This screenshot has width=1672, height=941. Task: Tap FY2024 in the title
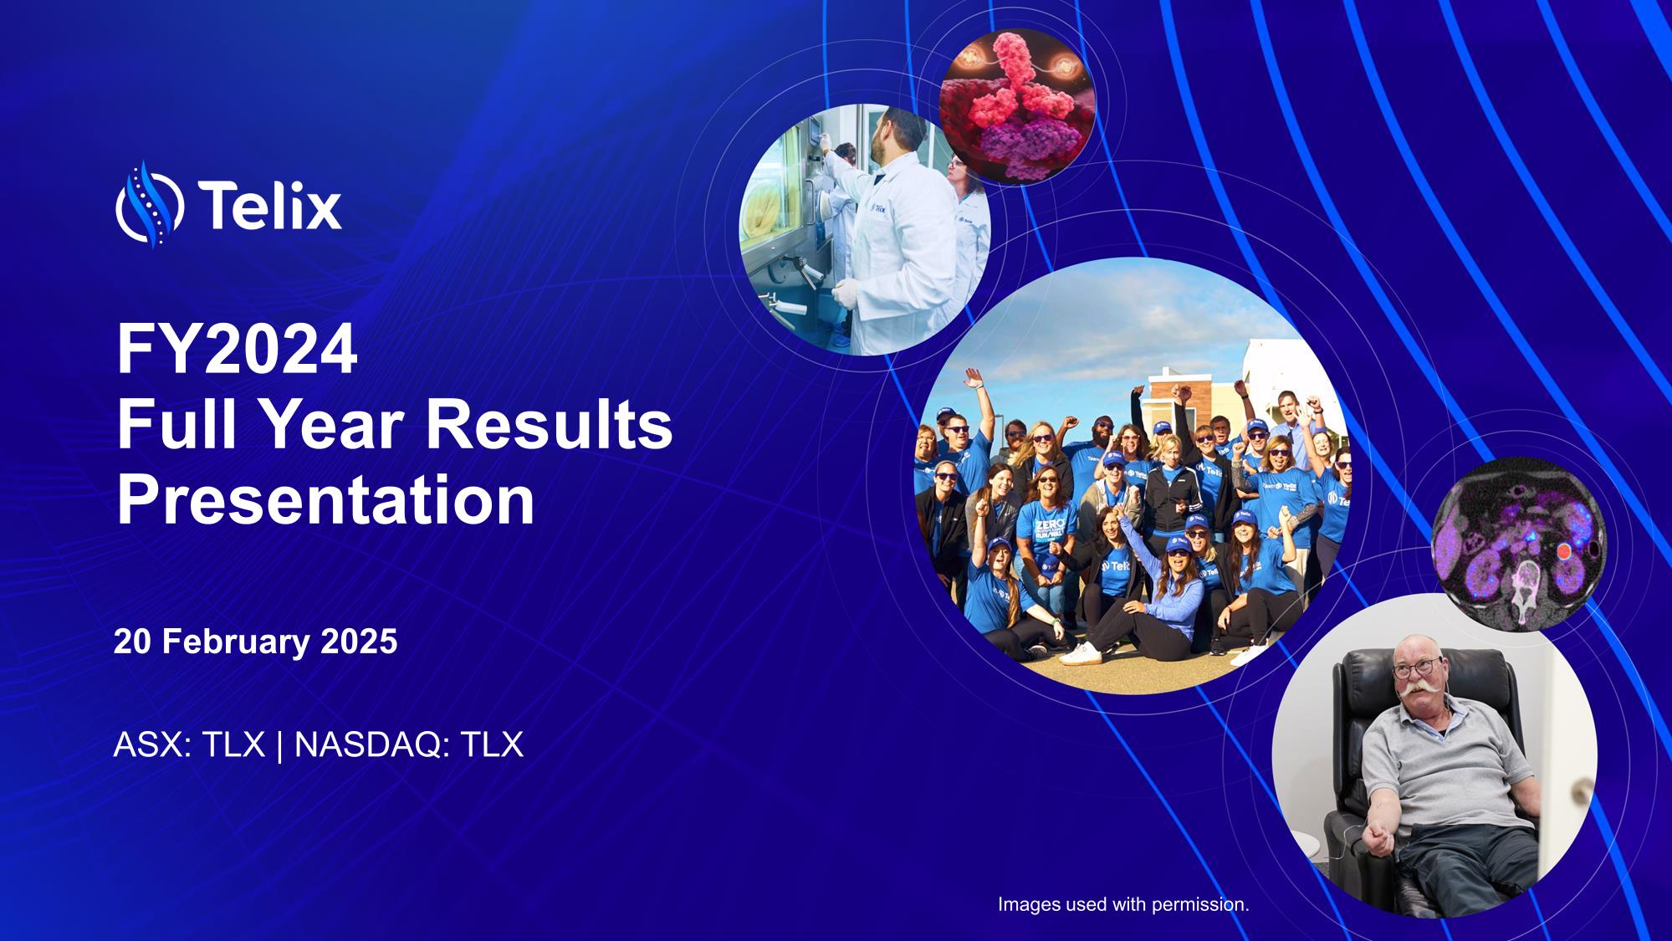pyautogui.click(x=238, y=351)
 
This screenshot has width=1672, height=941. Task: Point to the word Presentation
pyautogui.click(x=325, y=500)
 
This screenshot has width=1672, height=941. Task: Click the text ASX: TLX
pyautogui.click(x=189, y=744)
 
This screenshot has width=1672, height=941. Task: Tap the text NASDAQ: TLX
pyautogui.click(x=409, y=744)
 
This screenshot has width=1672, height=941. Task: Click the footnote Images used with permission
pyautogui.click(x=1123, y=904)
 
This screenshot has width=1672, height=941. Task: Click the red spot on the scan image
pyautogui.click(x=1563, y=552)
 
